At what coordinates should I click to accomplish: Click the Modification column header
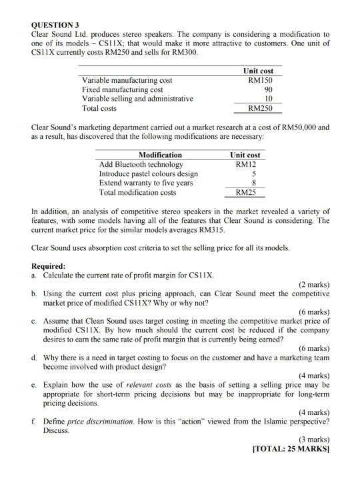click(x=160, y=155)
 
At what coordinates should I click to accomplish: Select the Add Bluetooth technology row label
click(x=141, y=164)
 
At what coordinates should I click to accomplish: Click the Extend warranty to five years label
click(x=146, y=182)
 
